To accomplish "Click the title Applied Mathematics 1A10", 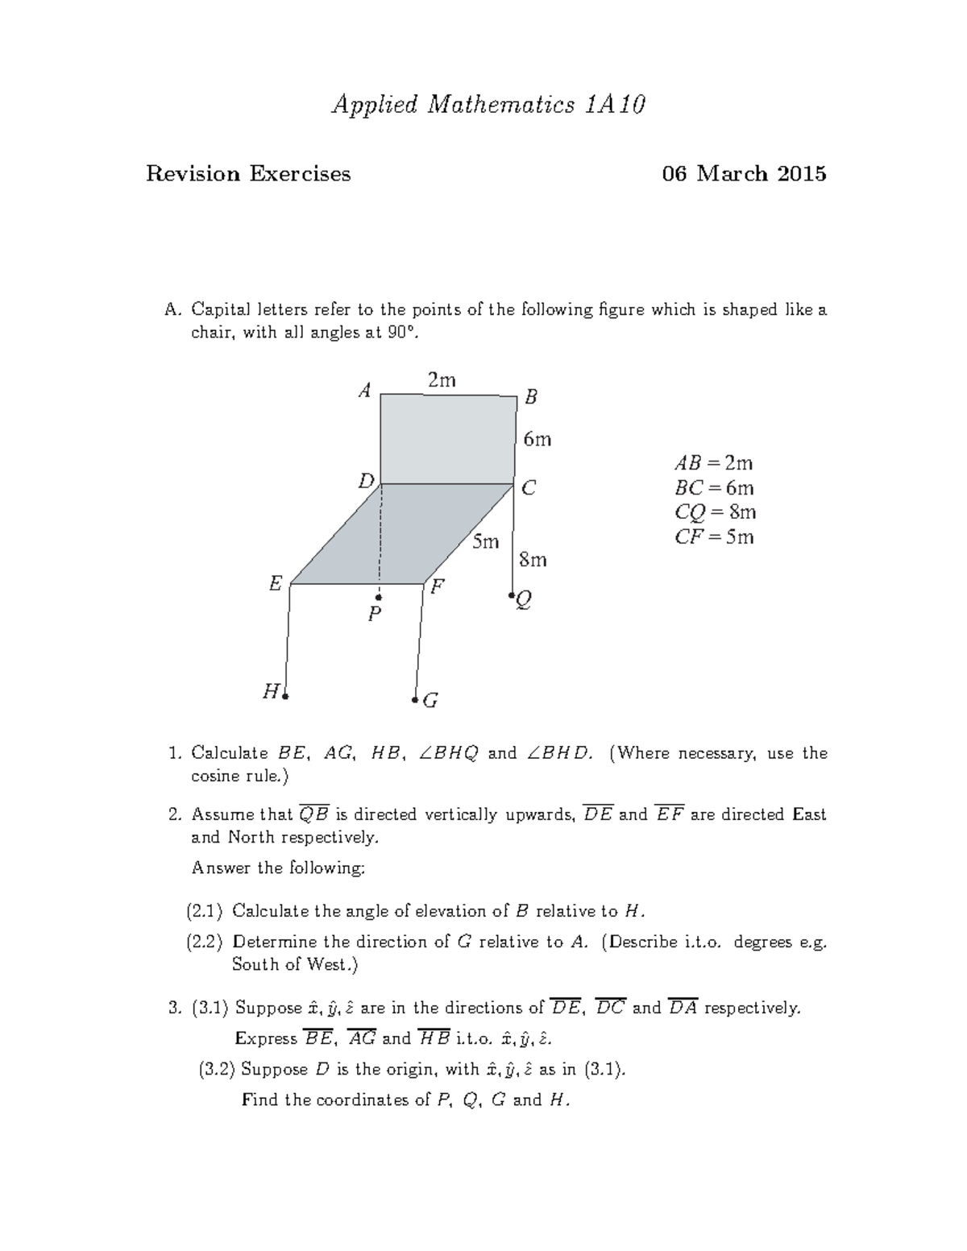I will click(x=488, y=105).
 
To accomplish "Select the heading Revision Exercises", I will click(x=248, y=174).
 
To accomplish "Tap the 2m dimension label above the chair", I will click(x=442, y=380).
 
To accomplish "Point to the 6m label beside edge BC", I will click(x=537, y=439).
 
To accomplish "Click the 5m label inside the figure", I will click(x=485, y=542).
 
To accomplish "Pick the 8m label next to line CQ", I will click(x=533, y=559).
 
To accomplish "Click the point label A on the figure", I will click(x=365, y=391).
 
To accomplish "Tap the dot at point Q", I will click(x=512, y=597).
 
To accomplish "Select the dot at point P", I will click(x=378, y=598).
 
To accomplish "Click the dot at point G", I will click(x=415, y=700).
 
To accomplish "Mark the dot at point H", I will click(x=285, y=695).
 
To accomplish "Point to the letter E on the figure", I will click(x=276, y=584).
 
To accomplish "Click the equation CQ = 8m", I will click(x=715, y=512).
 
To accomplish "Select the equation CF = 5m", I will click(x=714, y=537).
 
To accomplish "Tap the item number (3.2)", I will click(x=217, y=1069).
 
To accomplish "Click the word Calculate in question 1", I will click(x=230, y=753).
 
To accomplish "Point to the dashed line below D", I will click(x=380, y=536).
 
